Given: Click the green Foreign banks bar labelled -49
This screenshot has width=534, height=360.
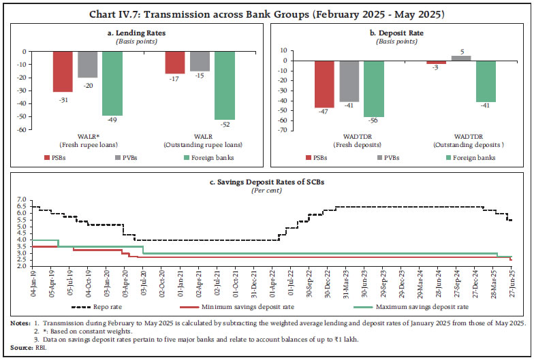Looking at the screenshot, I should pyautogui.click(x=112, y=83).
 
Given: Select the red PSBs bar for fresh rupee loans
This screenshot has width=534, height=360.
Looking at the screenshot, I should pyautogui.click(x=63, y=71).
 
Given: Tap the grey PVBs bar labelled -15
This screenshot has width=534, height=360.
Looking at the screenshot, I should pyautogui.click(x=180, y=61).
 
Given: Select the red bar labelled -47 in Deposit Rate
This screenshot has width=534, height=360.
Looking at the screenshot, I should pyautogui.click(x=324, y=84).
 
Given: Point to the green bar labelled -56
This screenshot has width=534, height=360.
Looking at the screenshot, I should pyautogui.click(x=374, y=88).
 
